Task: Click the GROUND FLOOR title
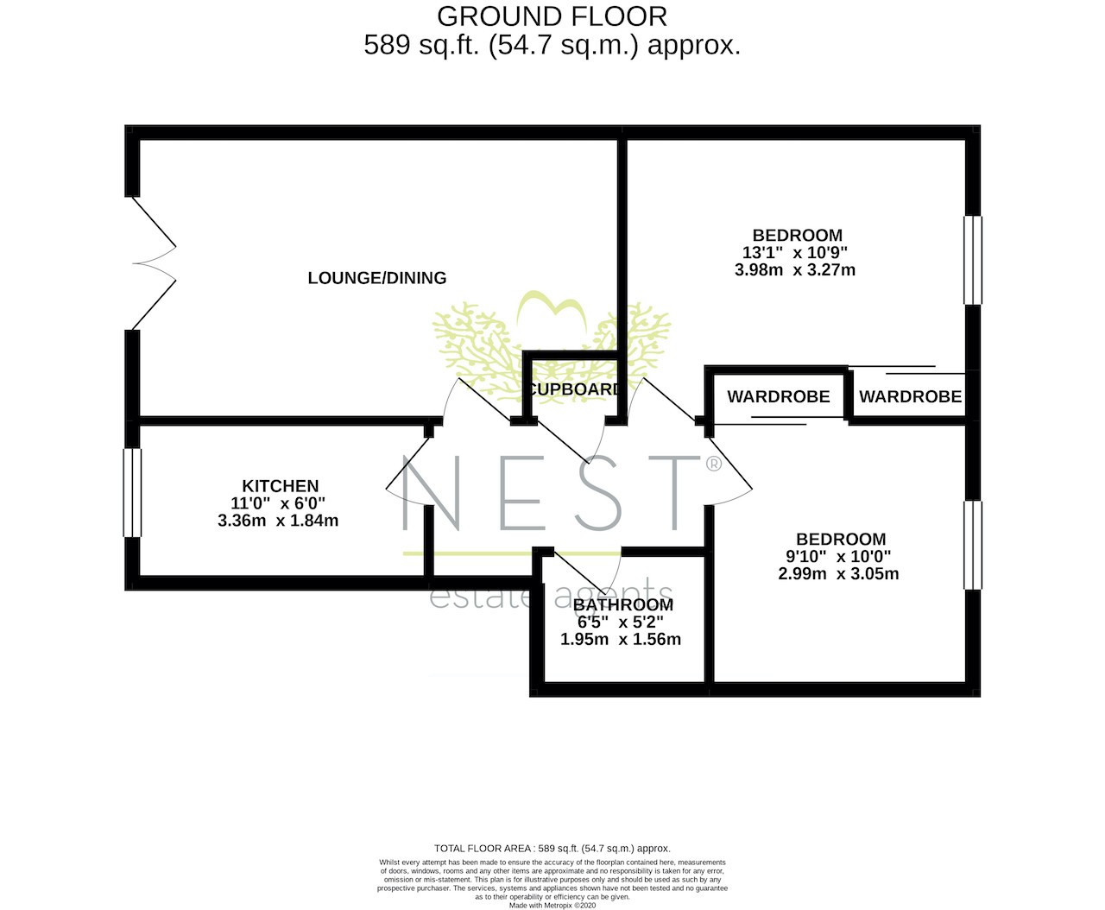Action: point(552,16)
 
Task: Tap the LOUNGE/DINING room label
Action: point(376,278)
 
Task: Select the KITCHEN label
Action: point(280,486)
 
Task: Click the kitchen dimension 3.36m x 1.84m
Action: point(278,521)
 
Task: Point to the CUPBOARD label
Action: point(574,389)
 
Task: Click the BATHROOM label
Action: point(623,604)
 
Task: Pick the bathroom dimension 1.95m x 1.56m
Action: point(620,639)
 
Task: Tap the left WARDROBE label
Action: point(779,396)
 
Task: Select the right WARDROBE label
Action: point(910,396)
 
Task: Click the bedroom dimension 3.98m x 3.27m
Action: point(795,270)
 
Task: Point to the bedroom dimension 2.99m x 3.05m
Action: point(838,574)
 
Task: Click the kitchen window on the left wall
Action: point(132,493)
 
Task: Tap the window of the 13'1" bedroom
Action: point(973,260)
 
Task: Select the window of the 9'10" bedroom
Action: point(973,546)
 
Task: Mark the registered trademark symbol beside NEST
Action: point(714,464)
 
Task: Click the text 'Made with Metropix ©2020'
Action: point(552,905)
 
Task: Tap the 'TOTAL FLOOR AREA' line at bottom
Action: point(552,849)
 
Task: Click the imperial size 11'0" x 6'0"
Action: point(278,502)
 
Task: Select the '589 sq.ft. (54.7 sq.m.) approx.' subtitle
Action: point(552,45)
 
